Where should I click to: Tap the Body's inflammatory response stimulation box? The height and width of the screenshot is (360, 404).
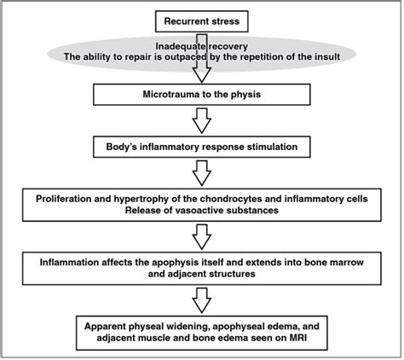201,147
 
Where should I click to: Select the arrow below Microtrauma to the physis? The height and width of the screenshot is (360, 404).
201,122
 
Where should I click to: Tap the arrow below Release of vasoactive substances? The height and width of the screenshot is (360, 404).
201,231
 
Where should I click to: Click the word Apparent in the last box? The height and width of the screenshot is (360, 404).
106,324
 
